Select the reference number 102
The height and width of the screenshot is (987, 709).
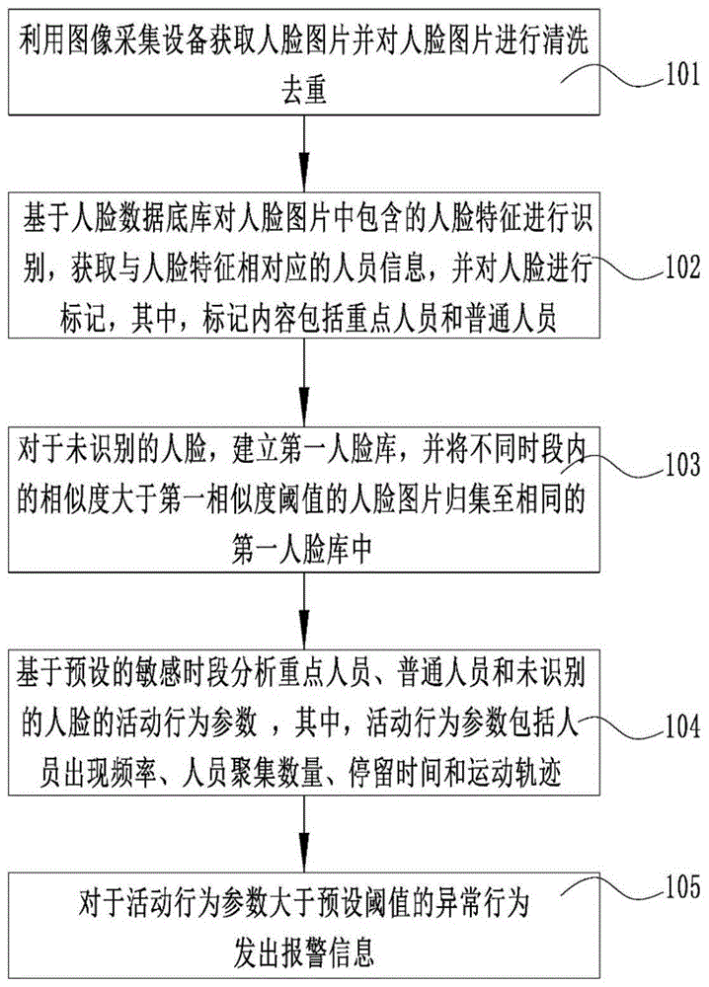tap(669, 267)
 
